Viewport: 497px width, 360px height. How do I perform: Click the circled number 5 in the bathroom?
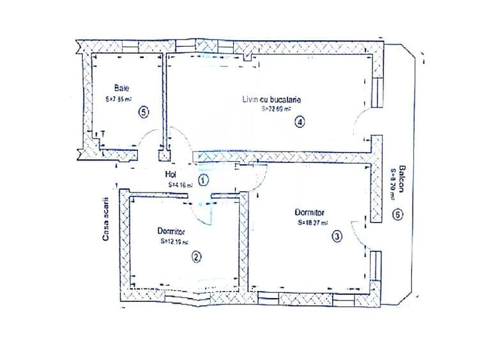(x=144, y=112)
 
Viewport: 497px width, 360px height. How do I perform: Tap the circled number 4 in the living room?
(x=299, y=122)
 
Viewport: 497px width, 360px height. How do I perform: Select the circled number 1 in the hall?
(x=203, y=180)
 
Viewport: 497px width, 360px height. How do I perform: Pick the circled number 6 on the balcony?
(x=398, y=215)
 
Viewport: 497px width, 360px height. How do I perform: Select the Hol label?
(x=171, y=174)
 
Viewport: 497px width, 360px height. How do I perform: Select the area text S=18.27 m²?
(x=313, y=223)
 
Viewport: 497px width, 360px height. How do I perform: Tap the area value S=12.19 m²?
(x=173, y=242)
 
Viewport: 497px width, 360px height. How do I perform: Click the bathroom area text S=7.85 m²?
(x=119, y=100)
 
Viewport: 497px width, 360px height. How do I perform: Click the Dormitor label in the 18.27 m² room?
(x=310, y=212)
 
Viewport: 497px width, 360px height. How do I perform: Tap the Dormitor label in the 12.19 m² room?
(x=171, y=231)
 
